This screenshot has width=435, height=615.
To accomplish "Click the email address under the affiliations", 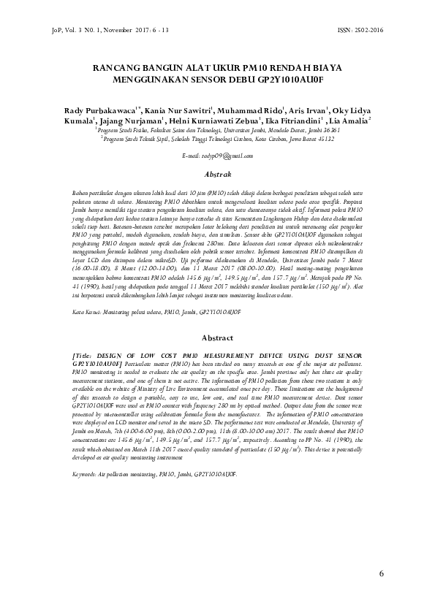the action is click(217, 156).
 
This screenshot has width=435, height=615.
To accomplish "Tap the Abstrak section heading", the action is click(217, 174).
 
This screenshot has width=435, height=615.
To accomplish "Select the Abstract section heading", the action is click(217, 337).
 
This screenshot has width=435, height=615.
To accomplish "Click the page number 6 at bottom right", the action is click(382, 573).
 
